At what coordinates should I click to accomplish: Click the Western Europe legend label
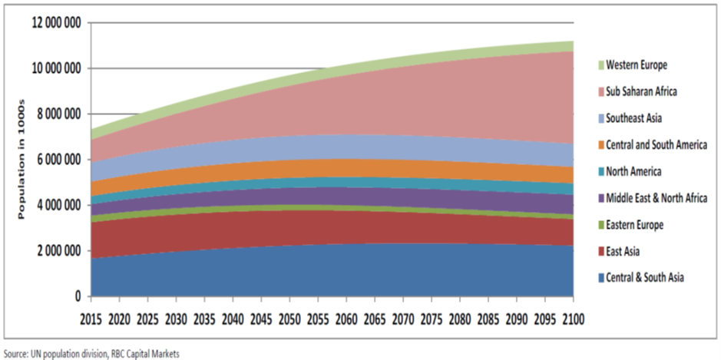coord(637,64)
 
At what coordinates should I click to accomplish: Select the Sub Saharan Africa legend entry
coord(641,91)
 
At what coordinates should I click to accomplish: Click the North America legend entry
coord(633,171)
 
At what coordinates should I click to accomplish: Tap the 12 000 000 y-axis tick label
coord(56,23)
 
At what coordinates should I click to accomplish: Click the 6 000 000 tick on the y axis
coord(58,160)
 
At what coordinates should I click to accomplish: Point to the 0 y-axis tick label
coord(78,296)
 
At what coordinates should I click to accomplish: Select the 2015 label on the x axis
coord(91,317)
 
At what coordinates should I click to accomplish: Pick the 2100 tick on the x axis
coord(574,317)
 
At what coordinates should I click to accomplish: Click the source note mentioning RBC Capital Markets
coord(91,353)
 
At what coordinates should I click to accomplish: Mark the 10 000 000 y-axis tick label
coord(56,69)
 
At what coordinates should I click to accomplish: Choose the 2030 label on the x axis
coord(177,317)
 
